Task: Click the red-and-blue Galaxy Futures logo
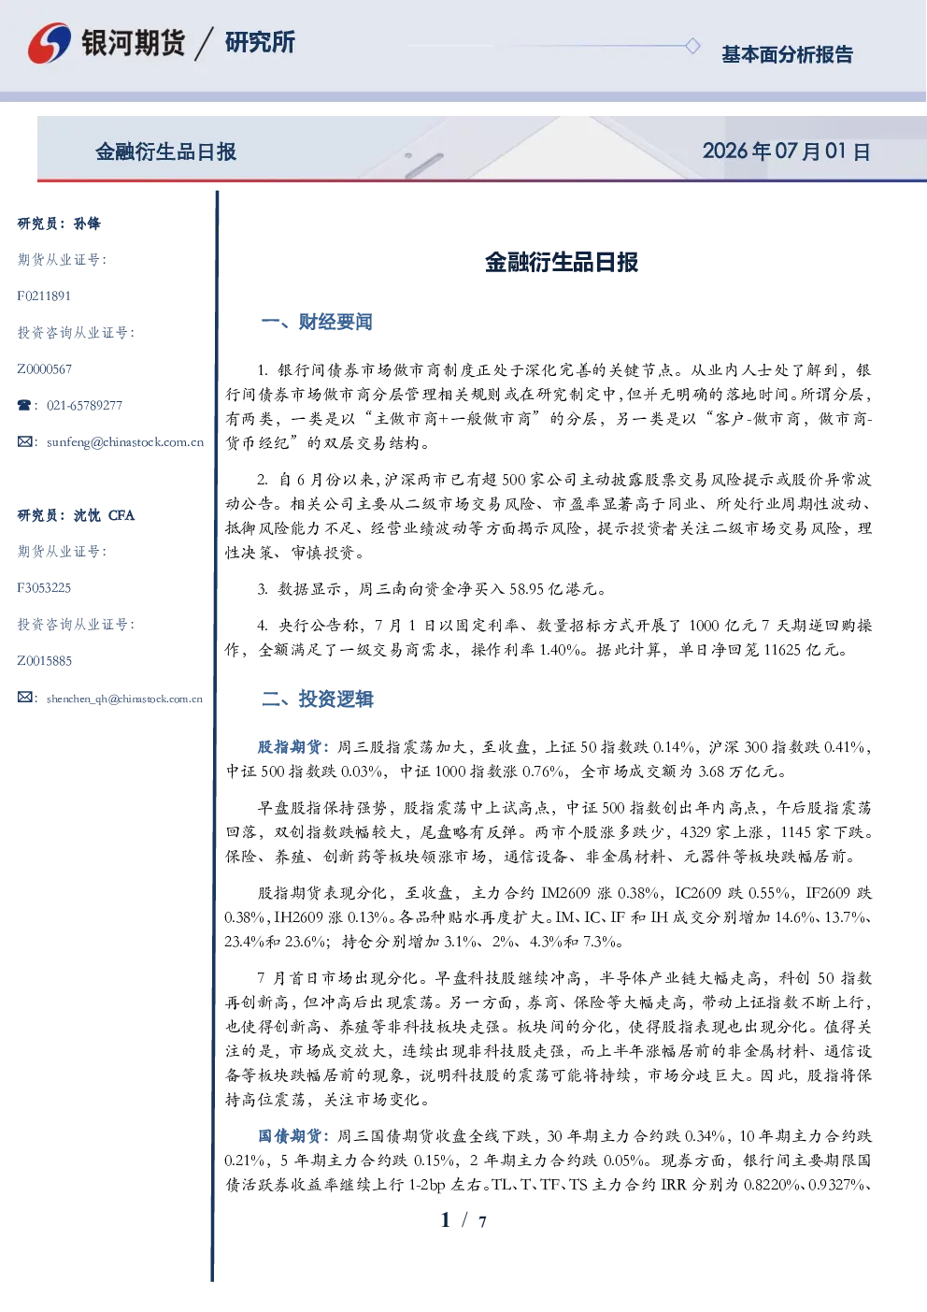click(50, 43)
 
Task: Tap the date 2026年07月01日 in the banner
click(787, 151)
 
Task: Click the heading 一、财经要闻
click(317, 322)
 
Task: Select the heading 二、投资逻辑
click(317, 699)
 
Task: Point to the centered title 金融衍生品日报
click(562, 262)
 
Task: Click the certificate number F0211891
click(44, 296)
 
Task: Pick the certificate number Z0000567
click(45, 369)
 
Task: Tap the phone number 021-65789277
click(84, 405)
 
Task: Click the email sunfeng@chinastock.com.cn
click(125, 442)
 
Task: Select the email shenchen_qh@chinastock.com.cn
click(124, 699)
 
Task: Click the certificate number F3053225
click(44, 588)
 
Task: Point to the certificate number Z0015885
click(45, 661)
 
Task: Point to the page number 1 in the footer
click(446, 1220)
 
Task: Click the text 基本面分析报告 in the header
click(787, 54)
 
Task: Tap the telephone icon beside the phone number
click(24, 405)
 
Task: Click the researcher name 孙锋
click(87, 223)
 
